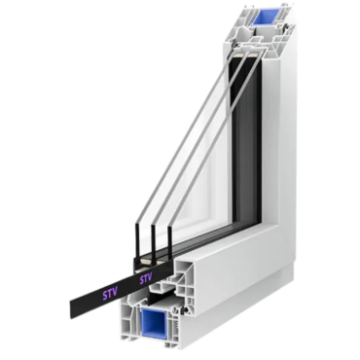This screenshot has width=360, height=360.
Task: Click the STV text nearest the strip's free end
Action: tap(109, 295)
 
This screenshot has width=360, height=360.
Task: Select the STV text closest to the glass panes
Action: tap(146, 278)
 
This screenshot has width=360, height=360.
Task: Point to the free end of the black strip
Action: tap(72, 307)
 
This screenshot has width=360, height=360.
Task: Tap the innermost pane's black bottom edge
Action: tap(169, 241)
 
